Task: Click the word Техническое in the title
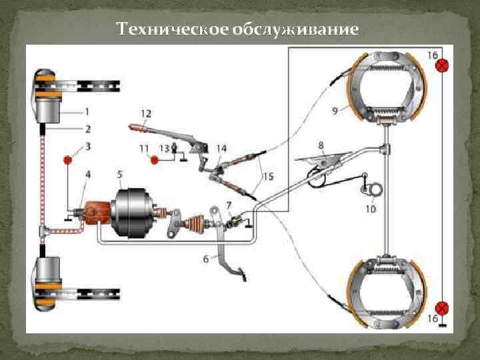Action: point(172,30)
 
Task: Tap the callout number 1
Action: point(88,111)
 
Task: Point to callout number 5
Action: point(119,175)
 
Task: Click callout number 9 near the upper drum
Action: point(335,111)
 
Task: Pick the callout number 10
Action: point(371,209)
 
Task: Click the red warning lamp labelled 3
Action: point(68,161)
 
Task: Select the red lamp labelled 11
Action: point(155,160)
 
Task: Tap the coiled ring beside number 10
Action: point(376,191)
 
